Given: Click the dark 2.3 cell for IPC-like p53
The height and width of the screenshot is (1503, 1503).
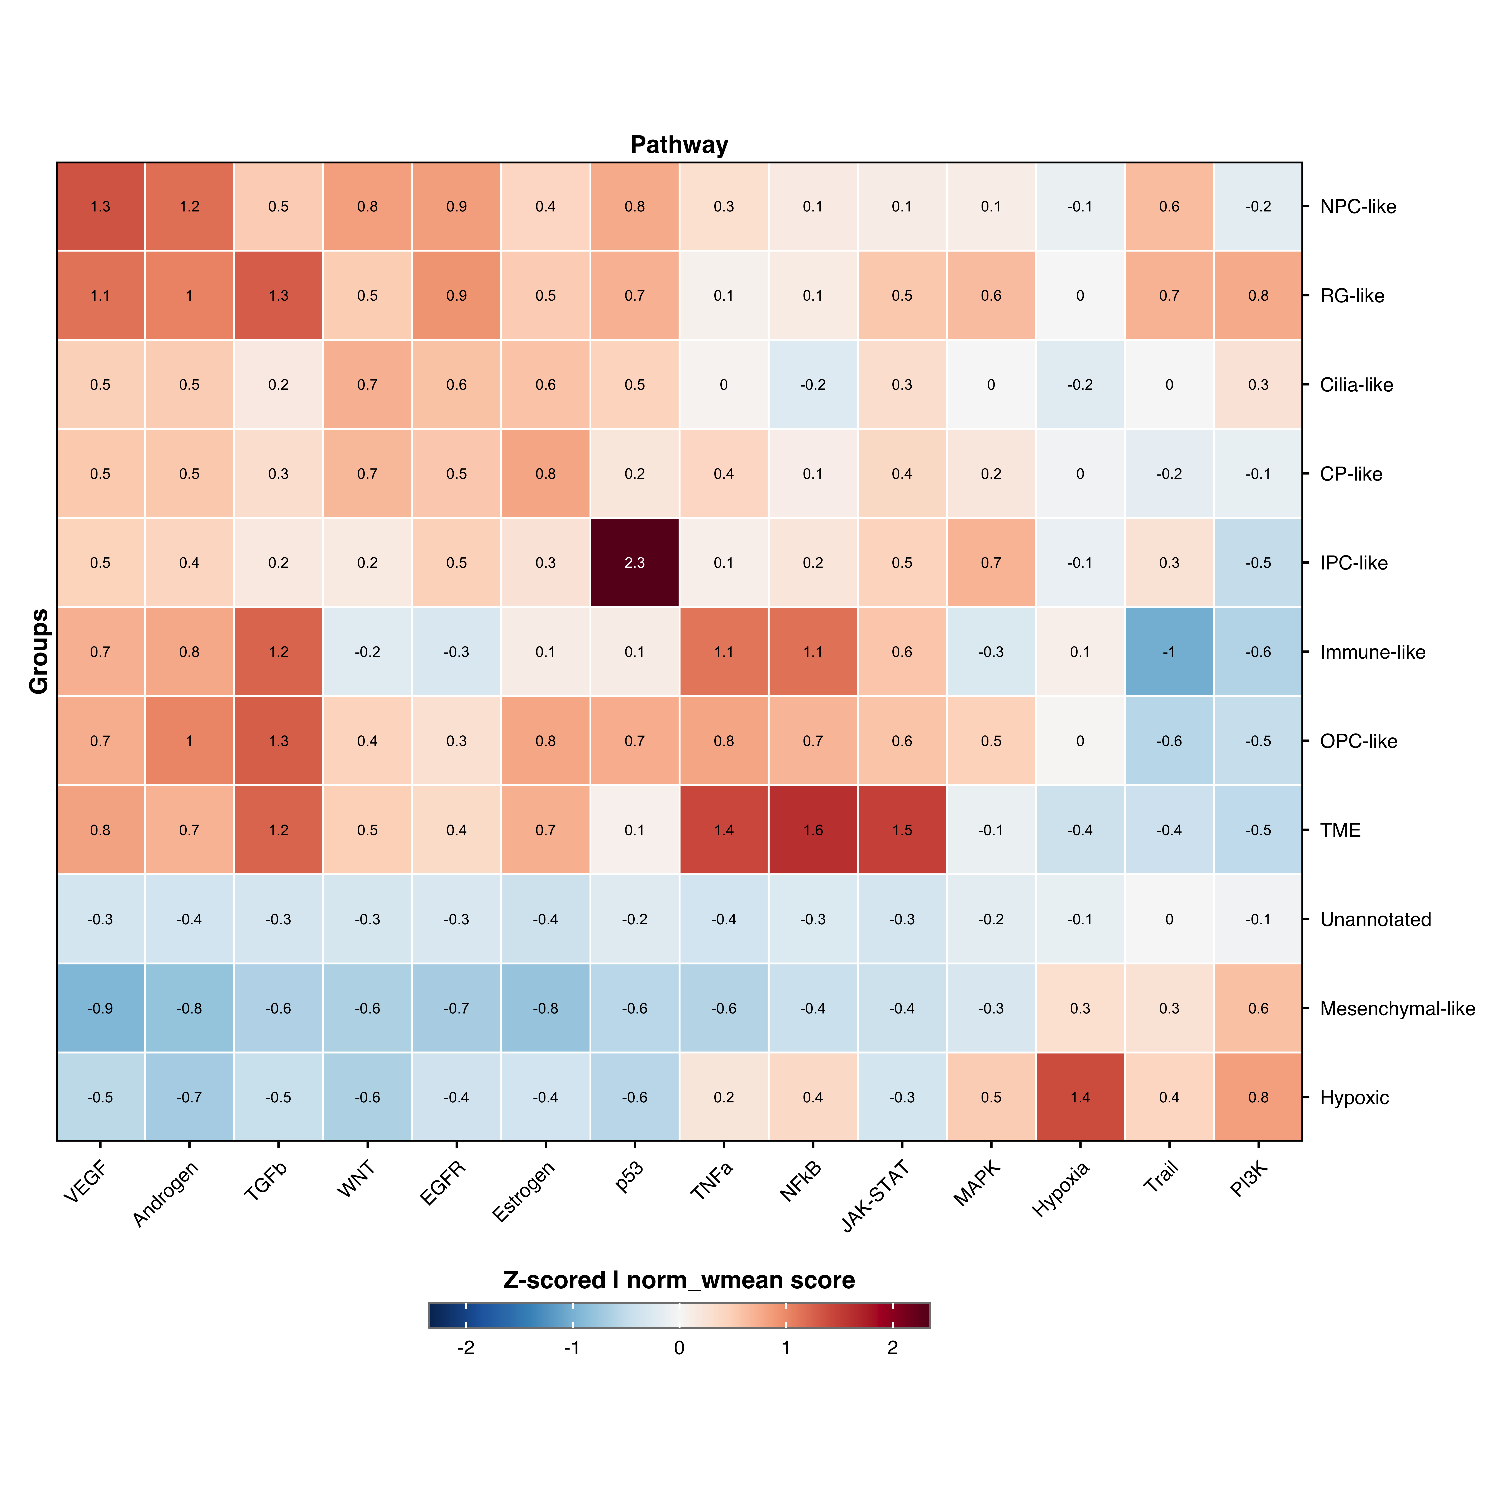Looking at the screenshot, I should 635,562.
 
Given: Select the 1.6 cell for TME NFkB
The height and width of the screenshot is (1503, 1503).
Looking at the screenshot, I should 813,830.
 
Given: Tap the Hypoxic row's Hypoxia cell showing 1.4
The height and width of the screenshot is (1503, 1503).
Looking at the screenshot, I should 1080,1097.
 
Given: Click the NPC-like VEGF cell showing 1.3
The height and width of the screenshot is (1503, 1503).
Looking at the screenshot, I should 100,206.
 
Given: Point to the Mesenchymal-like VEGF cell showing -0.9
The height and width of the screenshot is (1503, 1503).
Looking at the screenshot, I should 100,1008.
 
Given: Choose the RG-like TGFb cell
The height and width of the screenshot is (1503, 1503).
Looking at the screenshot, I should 278,296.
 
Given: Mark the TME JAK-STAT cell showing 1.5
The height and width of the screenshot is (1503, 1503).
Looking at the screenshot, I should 902,830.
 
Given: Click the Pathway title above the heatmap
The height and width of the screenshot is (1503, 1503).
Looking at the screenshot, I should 679,145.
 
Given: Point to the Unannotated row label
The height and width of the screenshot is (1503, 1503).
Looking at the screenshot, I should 1375,920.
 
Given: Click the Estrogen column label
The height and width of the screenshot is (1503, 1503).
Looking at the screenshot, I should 524,1192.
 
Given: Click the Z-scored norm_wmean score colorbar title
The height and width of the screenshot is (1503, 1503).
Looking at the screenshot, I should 679,1280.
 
